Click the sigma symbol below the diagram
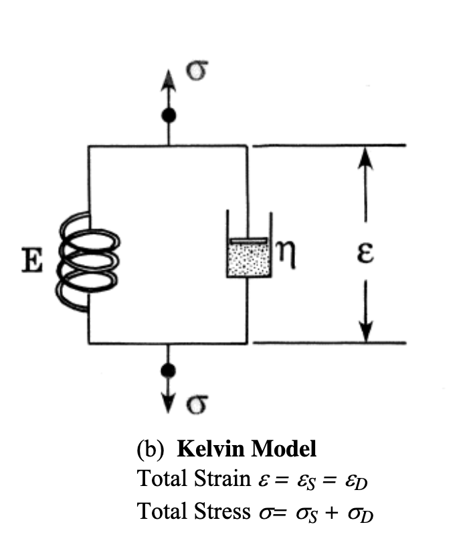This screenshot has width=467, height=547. [196, 402]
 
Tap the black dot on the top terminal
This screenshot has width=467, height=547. [169, 115]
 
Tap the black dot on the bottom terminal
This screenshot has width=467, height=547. [169, 370]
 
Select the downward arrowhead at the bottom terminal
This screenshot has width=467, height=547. [169, 404]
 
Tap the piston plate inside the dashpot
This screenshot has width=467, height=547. [248, 240]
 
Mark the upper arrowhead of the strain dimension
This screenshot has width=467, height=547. [365, 155]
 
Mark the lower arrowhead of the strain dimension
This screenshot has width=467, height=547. [365, 333]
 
